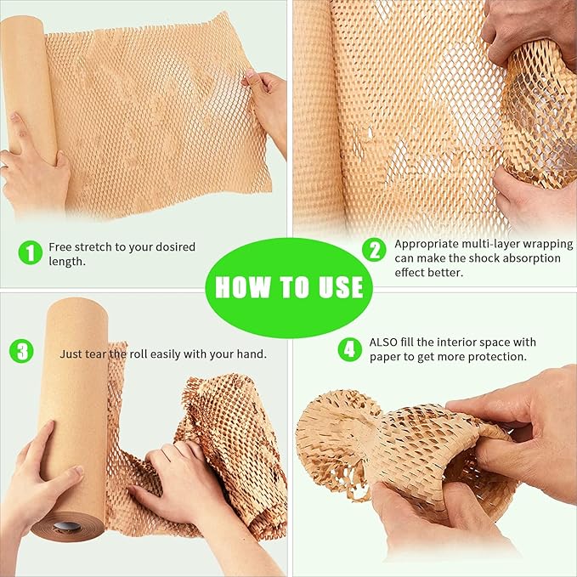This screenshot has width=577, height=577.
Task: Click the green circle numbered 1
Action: tap(30, 252)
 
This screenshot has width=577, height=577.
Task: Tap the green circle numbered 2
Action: tap(374, 250)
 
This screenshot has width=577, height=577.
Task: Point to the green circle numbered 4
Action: tap(349, 348)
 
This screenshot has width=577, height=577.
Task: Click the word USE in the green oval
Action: tap(337, 286)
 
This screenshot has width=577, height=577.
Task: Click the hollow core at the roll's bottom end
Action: tap(67, 527)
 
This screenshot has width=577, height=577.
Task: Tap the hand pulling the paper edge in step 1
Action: tap(267, 102)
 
